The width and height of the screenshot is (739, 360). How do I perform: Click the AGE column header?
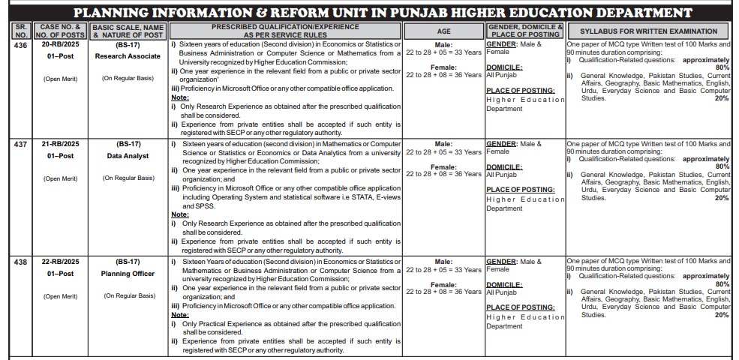click(444, 31)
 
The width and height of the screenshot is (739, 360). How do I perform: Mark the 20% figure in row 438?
click(722, 315)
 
